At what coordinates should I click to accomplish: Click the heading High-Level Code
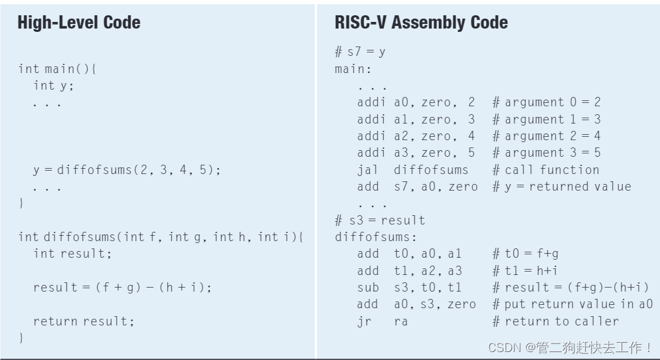(x=78, y=23)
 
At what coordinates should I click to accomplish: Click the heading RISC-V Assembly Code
(x=421, y=23)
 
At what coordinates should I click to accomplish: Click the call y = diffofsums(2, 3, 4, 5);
(x=126, y=170)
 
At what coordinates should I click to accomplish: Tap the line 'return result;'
(x=84, y=321)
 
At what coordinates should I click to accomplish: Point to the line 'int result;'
(x=69, y=254)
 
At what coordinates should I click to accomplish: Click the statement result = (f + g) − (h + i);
(x=122, y=288)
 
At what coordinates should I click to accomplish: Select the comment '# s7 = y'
(x=360, y=52)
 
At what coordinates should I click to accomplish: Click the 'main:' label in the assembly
(x=353, y=69)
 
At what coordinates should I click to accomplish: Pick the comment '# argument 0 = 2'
(x=546, y=102)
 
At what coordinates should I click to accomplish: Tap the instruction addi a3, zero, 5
(x=416, y=153)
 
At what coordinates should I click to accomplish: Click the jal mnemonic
(x=367, y=170)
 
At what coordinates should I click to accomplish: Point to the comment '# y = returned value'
(x=562, y=187)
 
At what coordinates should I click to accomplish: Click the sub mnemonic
(x=368, y=288)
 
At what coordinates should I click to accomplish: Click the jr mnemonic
(x=365, y=321)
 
